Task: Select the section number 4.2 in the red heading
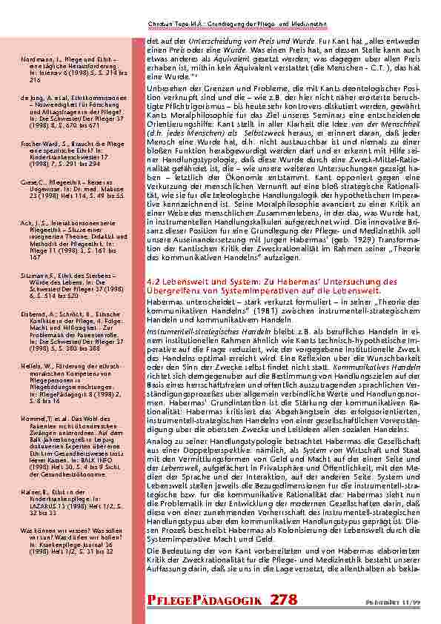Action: (x=155, y=282)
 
